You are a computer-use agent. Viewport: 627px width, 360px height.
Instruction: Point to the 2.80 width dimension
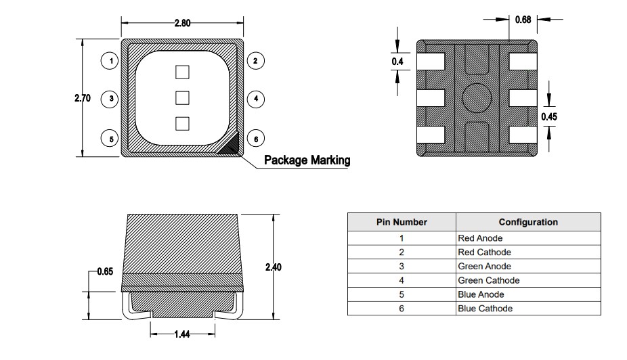[182, 23]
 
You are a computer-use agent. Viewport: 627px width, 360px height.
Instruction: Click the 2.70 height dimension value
[83, 98]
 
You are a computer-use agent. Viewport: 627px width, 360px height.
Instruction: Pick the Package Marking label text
[307, 160]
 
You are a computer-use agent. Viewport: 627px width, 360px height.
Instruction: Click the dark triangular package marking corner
[232, 145]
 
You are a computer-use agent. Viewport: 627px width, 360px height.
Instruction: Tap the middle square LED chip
[181, 98]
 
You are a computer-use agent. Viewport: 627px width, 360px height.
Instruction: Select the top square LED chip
[181, 72]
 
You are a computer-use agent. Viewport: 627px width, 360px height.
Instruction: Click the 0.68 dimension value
[523, 20]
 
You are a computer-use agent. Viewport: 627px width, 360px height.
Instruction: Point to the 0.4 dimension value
[397, 62]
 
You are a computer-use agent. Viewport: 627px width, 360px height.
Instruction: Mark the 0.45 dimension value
[548, 116]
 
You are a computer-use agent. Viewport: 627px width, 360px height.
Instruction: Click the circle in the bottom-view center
[476, 97]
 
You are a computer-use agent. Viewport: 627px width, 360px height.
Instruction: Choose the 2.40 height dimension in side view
[273, 267]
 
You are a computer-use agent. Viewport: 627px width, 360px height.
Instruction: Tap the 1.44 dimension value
[181, 334]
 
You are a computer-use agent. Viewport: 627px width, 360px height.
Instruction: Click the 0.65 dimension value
[105, 271]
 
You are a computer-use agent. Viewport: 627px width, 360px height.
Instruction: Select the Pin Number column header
[402, 222]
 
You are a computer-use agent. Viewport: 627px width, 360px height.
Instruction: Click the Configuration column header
[528, 222]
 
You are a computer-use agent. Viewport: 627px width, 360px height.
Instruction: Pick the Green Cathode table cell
[489, 280]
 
